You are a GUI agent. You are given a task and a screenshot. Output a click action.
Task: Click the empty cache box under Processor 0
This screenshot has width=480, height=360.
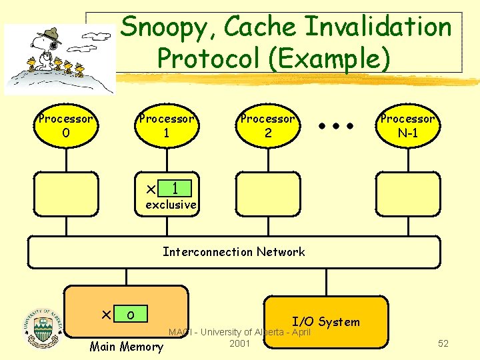(66, 194)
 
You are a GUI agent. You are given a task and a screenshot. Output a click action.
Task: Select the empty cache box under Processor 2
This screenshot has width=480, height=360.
(268, 194)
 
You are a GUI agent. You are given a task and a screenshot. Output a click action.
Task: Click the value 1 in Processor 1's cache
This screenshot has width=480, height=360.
(175, 188)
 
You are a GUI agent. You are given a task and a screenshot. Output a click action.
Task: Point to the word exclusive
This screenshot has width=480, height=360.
(171, 205)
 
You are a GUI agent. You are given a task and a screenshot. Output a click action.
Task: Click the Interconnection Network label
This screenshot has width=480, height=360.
(234, 251)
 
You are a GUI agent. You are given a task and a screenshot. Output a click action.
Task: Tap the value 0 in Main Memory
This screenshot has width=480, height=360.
(131, 314)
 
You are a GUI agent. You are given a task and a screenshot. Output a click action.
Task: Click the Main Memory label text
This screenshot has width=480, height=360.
(126, 346)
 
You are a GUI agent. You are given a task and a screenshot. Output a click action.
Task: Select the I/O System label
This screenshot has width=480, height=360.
(325, 322)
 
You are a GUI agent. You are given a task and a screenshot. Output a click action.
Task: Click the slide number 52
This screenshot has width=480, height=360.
(443, 343)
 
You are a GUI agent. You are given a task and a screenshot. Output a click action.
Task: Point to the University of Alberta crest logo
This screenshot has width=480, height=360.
(41, 327)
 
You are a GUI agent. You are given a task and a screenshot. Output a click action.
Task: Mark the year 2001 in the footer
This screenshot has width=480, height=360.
(239, 343)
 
